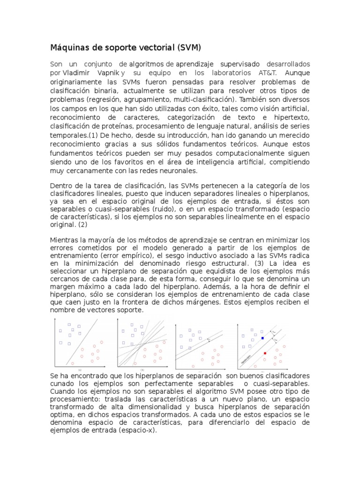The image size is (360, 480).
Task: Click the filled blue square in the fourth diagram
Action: pos(262,338)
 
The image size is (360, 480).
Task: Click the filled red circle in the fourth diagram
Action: pos(265,353)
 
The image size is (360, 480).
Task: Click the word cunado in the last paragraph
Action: pos(61,384)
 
